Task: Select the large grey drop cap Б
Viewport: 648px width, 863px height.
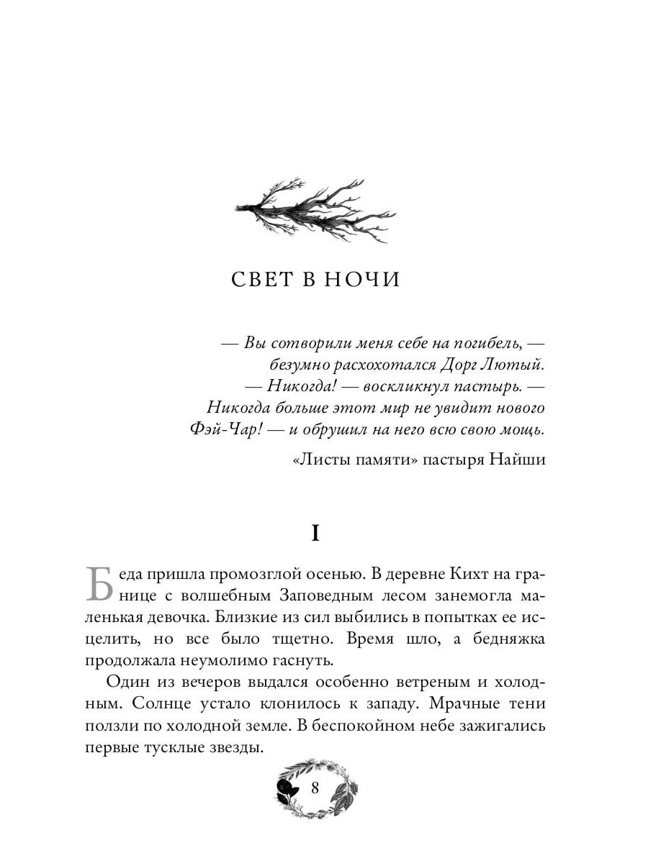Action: coord(99,584)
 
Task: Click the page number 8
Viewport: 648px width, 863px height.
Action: coord(315,787)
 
